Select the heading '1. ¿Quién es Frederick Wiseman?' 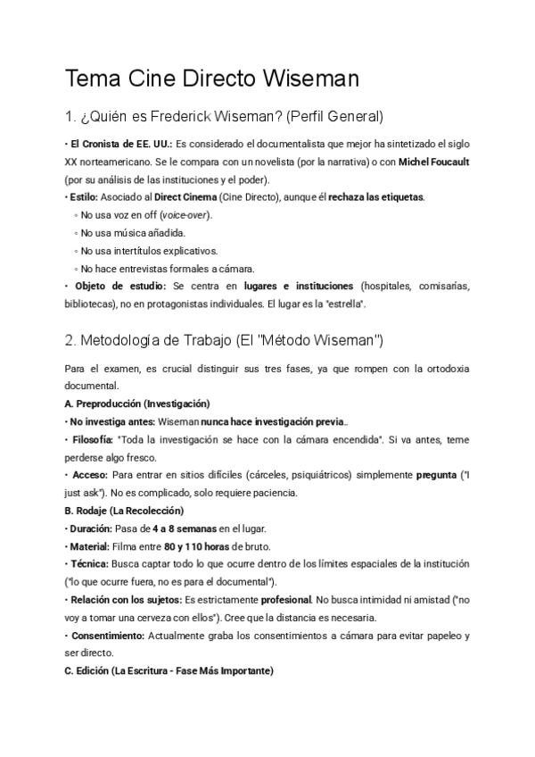point(224,117)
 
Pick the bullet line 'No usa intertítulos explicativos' point(148,251)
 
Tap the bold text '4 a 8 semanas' point(185,528)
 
